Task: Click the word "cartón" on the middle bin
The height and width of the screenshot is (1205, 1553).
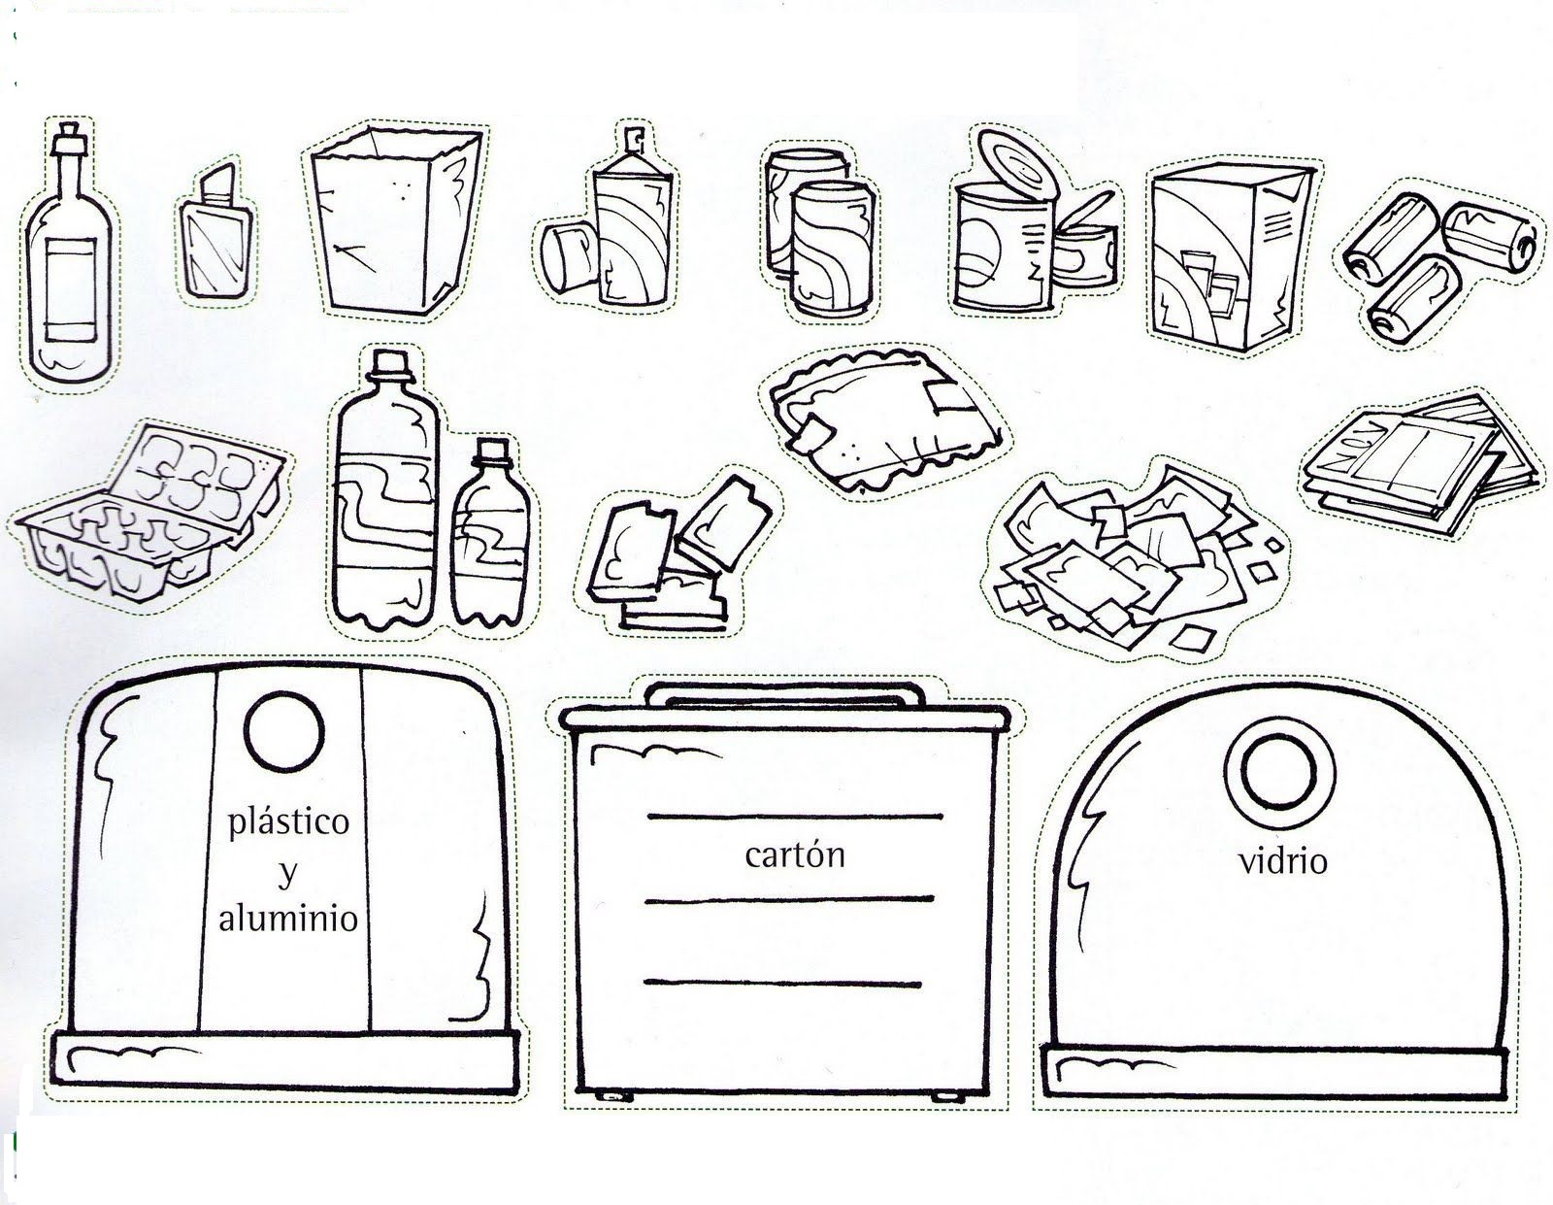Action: (x=795, y=855)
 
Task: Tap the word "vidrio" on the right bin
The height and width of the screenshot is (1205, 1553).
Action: (x=1282, y=860)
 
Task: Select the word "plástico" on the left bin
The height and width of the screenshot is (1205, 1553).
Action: (x=288, y=823)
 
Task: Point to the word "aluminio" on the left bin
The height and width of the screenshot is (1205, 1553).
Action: (x=288, y=919)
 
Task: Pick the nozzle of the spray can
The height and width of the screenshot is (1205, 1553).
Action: (x=634, y=144)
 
